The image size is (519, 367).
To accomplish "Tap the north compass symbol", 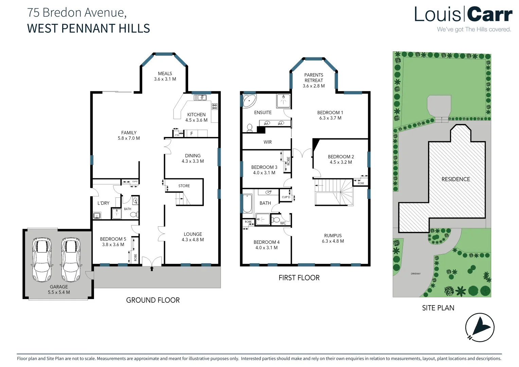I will [480, 327].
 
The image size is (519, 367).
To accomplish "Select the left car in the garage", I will [42, 260].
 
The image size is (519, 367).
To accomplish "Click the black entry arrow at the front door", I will [152, 269].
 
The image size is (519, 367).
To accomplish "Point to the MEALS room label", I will [165, 73].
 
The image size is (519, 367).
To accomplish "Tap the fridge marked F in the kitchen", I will [192, 134].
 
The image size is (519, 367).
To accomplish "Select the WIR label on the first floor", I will [268, 142].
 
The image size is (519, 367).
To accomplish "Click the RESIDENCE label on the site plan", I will [455, 179].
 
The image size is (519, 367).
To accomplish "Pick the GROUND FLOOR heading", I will [153, 300].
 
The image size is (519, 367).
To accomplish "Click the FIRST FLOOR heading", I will [299, 278].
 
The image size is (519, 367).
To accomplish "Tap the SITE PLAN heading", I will [438, 308].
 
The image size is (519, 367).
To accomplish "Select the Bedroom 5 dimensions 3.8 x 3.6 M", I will [113, 245].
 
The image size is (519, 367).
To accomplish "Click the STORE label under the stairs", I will [184, 186].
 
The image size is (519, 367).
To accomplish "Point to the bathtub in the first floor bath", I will [247, 203].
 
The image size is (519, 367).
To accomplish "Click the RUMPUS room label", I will [333, 235].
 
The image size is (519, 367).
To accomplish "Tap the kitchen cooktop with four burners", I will [215, 106].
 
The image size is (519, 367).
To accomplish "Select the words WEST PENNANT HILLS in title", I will [88, 29].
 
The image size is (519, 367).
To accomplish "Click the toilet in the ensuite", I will [250, 128].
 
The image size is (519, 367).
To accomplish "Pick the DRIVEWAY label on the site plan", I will [415, 274].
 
